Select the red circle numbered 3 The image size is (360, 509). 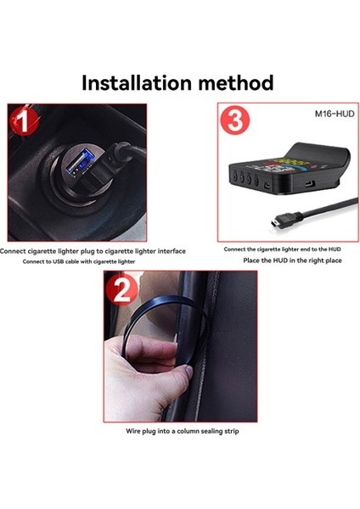(x=236, y=120)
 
